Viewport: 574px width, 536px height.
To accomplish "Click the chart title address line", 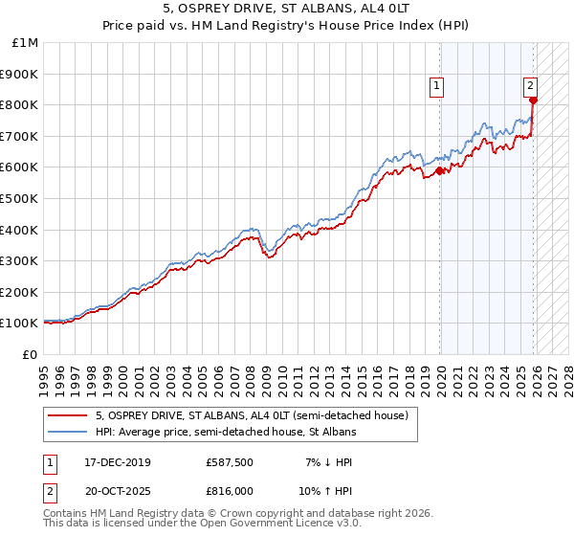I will click(288, 9).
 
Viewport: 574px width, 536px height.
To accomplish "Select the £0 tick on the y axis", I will click(31, 354).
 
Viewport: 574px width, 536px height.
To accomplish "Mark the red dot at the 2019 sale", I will click(440, 171).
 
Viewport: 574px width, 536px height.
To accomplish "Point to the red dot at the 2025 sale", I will click(534, 100).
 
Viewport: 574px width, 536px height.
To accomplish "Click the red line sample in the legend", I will click(68, 415).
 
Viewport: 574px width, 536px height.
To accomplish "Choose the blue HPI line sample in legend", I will click(68, 432).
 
